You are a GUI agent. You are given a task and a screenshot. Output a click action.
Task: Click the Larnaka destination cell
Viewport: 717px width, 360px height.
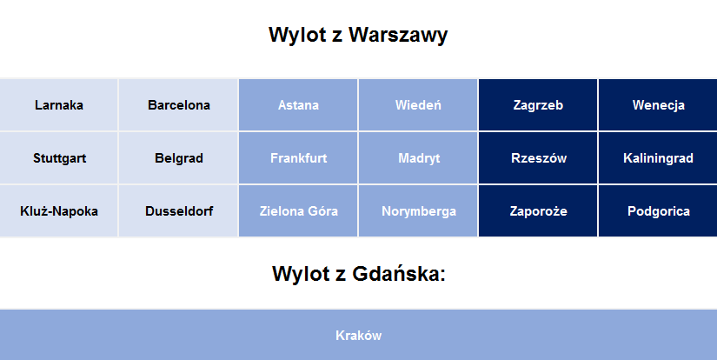coord(58,104)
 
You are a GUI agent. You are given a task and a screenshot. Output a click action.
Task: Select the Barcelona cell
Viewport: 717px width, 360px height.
coord(178,104)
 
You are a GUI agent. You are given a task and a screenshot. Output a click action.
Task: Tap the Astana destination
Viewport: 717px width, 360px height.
coord(298,104)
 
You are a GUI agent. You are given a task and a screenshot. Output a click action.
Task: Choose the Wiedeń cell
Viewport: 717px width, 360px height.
coord(418,104)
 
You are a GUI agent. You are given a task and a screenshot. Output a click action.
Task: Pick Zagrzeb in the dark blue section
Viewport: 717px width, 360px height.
coord(538,104)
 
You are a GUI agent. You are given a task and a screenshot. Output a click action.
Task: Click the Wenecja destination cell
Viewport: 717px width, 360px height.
coord(658,104)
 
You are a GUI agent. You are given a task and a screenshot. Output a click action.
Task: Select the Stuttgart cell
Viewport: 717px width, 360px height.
coord(58,157)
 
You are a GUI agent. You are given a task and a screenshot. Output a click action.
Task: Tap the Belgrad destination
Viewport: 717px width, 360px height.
coord(178,157)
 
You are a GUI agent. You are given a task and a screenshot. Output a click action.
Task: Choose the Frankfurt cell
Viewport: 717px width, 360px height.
coord(298,157)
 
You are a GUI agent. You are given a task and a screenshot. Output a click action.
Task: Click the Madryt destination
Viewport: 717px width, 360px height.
coord(418,157)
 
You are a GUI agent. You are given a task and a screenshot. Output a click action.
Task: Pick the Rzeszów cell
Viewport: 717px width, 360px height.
coord(538,157)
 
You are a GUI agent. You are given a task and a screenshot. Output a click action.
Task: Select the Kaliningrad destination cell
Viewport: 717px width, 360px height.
coord(658,157)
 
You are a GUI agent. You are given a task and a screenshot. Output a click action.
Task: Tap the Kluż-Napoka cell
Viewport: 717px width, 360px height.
coord(58,211)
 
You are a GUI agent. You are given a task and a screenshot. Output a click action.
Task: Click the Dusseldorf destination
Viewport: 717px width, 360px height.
coord(178,211)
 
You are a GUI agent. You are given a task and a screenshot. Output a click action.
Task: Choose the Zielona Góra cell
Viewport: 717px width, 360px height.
coord(298,211)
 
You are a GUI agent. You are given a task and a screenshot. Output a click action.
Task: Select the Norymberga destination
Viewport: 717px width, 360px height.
coord(418,211)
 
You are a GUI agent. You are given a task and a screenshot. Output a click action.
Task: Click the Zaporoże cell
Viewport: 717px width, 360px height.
coord(538,211)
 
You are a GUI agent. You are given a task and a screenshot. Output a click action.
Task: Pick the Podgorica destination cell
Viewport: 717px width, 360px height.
coord(658,211)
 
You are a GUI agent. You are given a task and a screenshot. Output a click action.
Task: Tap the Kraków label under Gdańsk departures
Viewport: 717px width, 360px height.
coord(358,336)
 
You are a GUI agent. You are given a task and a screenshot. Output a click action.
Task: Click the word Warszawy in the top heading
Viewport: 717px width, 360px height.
coord(398,36)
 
